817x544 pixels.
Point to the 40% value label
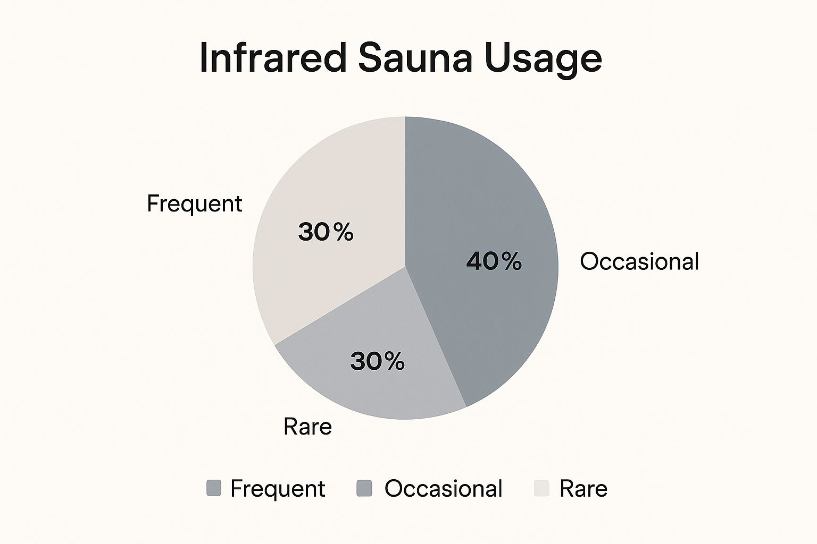point(494,261)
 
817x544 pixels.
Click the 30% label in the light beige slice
point(326,232)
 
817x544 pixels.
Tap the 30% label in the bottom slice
point(377,361)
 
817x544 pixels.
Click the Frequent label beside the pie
point(194,204)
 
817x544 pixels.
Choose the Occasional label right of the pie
point(639,261)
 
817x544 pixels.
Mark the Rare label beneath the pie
point(308,426)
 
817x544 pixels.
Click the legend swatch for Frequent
point(214,488)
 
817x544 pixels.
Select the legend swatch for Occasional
point(364,488)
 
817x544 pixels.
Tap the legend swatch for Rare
point(541,488)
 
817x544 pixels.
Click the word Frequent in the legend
point(278,489)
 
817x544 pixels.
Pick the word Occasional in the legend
point(444,488)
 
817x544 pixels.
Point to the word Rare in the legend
point(583,488)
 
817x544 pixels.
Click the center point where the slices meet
point(405,267)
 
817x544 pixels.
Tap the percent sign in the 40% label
point(512,261)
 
